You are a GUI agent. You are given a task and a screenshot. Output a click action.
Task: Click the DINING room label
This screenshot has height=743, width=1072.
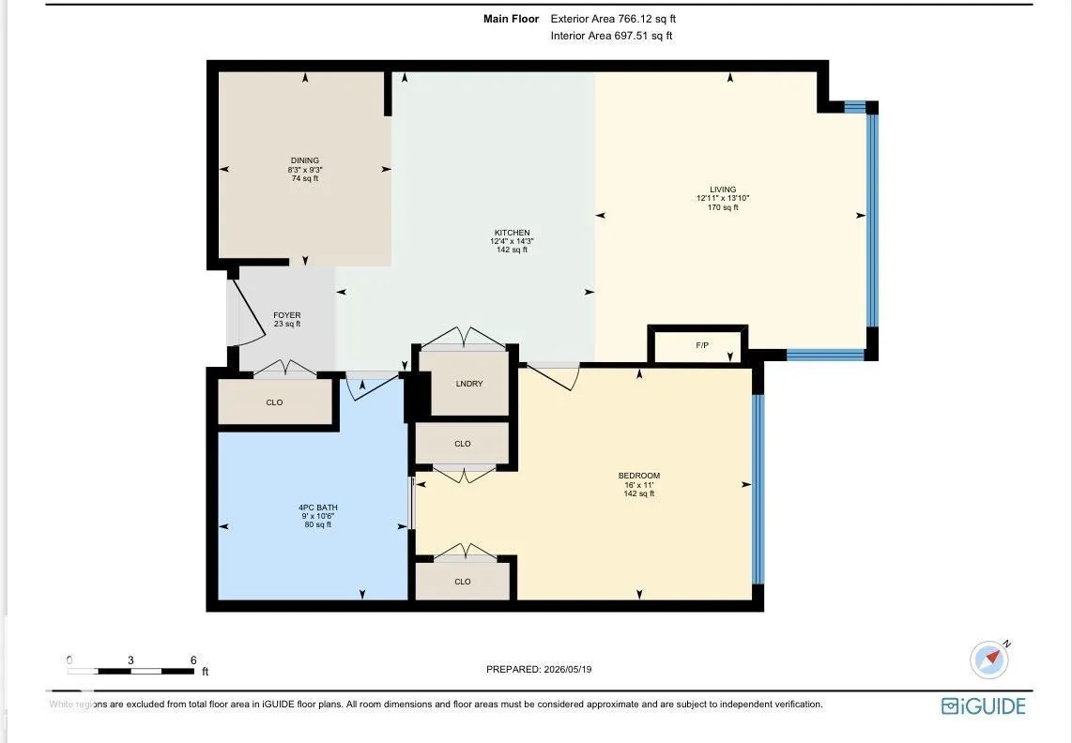point(305,160)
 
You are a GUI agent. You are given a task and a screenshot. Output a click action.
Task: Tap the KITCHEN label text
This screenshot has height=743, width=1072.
point(513,233)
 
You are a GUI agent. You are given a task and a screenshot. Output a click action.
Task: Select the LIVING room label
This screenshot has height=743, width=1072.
point(723,190)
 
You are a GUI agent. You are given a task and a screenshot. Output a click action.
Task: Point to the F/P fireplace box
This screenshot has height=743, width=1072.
point(698,344)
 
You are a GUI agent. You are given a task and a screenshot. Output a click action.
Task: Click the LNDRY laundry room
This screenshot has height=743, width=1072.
point(469,384)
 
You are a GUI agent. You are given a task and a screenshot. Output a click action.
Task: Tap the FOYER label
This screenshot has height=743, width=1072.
point(287,315)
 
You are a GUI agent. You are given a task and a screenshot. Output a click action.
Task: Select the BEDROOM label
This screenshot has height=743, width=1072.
point(639,476)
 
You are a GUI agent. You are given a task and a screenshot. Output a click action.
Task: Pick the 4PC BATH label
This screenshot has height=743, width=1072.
point(318,508)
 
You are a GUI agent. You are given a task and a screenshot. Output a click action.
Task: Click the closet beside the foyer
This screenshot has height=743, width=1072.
point(275,402)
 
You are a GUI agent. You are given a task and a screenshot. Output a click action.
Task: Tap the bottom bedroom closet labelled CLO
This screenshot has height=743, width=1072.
point(463,581)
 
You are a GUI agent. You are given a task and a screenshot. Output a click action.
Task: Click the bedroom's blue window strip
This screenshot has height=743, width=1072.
point(758,490)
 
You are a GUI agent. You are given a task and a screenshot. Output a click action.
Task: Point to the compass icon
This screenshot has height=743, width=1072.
point(989,660)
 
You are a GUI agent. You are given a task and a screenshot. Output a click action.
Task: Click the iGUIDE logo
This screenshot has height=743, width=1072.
point(984,706)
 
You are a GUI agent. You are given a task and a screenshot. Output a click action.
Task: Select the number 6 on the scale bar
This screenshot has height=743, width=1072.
point(193,660)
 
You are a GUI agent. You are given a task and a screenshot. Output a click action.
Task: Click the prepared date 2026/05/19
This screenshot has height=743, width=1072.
point(567,669)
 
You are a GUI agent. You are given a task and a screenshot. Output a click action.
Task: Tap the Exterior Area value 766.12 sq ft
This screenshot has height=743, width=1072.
point(647,19)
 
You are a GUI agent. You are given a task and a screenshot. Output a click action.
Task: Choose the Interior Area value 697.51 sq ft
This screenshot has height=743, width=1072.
point(643,36)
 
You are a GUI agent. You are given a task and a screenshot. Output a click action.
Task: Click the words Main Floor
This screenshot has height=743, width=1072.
point(511,19)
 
